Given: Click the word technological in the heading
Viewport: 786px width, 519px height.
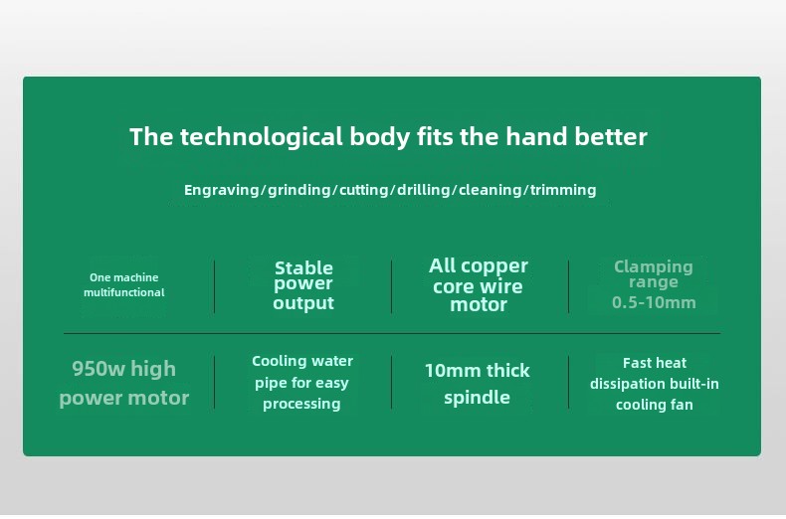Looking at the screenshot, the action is [261, 137].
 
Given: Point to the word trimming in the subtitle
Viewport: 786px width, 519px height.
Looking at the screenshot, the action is [563, 190].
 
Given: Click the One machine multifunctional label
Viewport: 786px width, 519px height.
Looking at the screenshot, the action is [123, 285].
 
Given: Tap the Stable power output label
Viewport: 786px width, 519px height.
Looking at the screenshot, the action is [303, 285].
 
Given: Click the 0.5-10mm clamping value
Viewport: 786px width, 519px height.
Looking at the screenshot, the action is [654, 302].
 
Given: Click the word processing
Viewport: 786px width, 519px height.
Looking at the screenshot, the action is [301, 404].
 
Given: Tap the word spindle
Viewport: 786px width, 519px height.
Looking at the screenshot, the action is [477, 398].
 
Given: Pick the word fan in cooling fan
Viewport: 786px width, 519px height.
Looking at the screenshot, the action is [682, 405].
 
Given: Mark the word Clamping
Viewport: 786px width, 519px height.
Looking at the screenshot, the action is [654, 267].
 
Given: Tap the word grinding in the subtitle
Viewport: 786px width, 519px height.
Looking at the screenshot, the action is [299, 190].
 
